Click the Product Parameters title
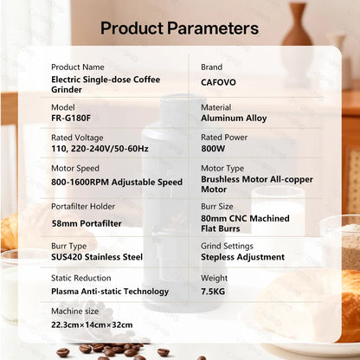coord(180,27)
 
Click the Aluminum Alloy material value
coord(234,118)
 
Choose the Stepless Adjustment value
coord(242,257)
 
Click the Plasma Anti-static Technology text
coord(110,292)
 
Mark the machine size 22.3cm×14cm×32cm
coord(93,325)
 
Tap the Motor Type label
coord(223,168)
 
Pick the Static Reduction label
coord(83,279)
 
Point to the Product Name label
coord(79,67)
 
